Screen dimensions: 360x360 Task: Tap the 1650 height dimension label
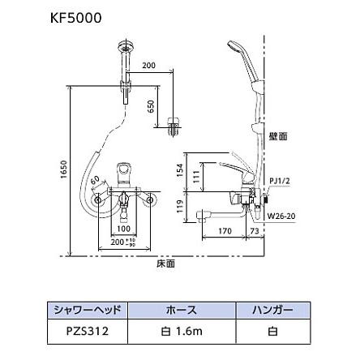pos(64,172)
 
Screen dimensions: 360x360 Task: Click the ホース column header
pos(180,310)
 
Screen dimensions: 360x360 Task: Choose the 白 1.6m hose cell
pos(180,331)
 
